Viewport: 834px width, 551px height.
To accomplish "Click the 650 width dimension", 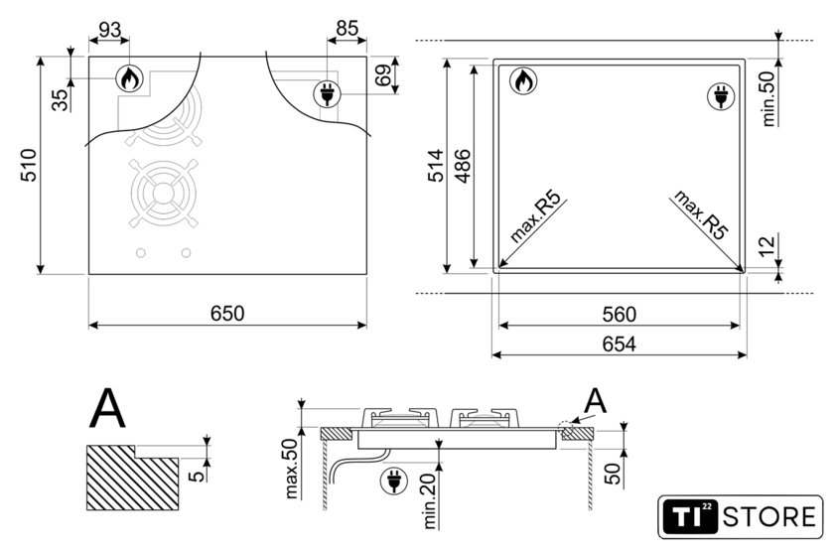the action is [227, 314].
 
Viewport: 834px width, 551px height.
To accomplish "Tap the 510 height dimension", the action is [29, 166].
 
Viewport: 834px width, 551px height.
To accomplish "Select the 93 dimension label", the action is [109, 30].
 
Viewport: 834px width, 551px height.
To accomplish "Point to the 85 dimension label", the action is [347, 28].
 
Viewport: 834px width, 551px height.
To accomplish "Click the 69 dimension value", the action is [383, 75].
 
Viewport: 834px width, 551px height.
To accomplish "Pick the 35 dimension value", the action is [61, 100].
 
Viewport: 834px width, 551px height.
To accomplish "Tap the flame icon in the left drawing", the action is [129, 78].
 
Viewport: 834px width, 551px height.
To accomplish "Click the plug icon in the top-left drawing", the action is [327, 94].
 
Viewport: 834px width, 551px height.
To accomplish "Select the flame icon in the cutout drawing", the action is [523, 80].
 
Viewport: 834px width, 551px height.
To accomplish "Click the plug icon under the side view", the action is [393, 482].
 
